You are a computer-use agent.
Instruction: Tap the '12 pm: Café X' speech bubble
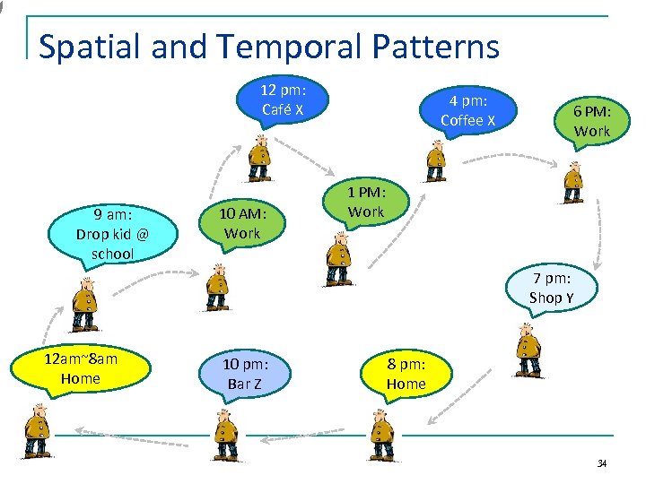point(283,99)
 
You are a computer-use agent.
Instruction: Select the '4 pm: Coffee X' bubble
point(467,111)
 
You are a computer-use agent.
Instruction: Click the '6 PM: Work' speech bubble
point(591,121)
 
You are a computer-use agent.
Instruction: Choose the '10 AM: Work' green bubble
point(242,223)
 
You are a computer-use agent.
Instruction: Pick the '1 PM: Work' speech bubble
point(365,202)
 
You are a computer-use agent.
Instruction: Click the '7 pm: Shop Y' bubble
point(551,288)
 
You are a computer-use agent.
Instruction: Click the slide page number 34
point(601,463)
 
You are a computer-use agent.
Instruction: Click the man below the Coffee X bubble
point(435,160)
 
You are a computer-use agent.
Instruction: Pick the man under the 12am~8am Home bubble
point(37,431)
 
